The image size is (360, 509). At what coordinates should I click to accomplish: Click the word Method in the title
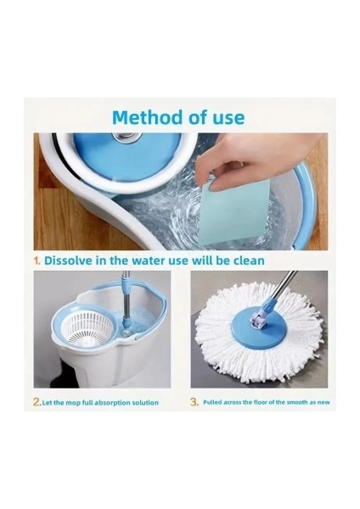148,117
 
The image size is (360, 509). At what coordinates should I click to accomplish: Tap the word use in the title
228,118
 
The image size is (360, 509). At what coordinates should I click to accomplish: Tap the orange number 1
37,260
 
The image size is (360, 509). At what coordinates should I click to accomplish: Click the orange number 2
37,402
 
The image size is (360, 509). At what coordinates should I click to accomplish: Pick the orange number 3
194,402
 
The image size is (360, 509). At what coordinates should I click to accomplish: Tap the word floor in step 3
261,402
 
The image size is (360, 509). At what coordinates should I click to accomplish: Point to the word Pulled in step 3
212,402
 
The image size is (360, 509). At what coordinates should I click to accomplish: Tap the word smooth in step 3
297,402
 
